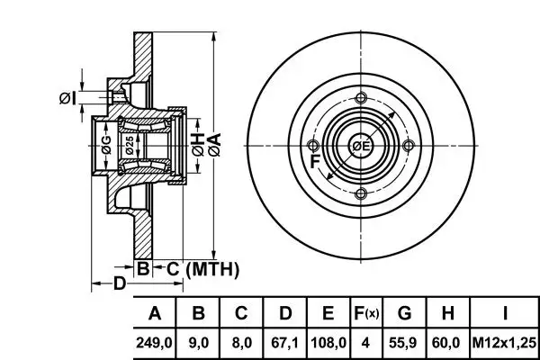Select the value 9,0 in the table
(x=200, y=343)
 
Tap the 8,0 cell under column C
(x=240, y=343)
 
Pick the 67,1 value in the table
(x=284, y=343)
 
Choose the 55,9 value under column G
(x=404, y=343)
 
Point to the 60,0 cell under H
(x=447, y=343)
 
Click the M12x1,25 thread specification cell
(x=505, y=343)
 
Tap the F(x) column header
(x=366, y=314)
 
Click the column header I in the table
(x=506, y=314)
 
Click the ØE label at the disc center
(x=361, y=146)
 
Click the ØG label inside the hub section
(x=106, y=144)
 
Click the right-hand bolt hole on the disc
(x=409, y=146)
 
